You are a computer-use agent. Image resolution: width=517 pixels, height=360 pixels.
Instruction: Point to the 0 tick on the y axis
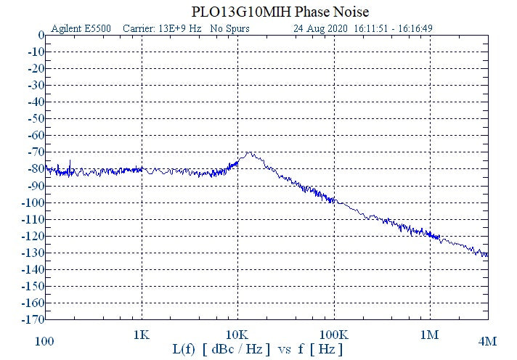tap(41, 35)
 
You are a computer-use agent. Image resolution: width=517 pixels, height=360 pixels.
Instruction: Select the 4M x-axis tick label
tap(487, 340)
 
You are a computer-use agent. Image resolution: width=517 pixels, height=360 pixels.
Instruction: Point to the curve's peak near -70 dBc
tap(250, 153)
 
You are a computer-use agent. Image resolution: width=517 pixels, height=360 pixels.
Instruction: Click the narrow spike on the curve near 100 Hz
tap(70, 161)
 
